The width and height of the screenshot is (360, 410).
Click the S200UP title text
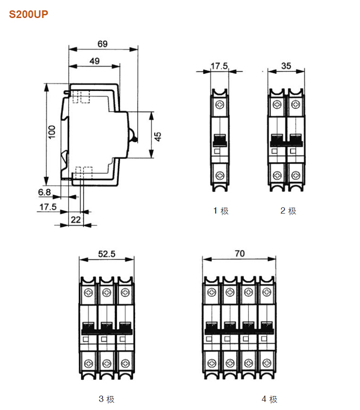coord(28,14)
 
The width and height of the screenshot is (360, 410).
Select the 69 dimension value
coord(102,44)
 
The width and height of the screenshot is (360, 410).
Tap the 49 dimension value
coord(94,61)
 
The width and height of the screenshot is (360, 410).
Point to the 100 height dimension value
coord(52,132)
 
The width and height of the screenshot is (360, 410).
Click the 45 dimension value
coord(157,137)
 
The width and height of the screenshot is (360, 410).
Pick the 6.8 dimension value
coord(45,192)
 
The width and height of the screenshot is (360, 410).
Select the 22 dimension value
coord(76,220)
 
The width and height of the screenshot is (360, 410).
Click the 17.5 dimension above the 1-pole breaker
coord(219,66)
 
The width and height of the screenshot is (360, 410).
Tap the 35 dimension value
coord(286,66)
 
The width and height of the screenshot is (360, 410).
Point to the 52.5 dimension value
coord(107,254)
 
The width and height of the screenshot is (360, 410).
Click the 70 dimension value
coord(239,254)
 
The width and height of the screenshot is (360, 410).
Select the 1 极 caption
coord(220,211)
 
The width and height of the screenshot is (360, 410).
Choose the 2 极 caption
coord(288,211)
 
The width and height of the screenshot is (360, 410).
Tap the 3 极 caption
coord(107,399)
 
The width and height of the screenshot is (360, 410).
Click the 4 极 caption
coord(270,399)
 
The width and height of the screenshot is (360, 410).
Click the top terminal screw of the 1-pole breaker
coord(220,105)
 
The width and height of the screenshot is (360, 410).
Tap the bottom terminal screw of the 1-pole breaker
coord(220,175)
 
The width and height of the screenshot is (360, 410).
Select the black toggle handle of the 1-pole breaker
coord(220,140)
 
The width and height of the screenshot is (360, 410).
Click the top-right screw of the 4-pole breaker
coord(267,292)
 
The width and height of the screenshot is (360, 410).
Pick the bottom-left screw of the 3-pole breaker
coord(89,363)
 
